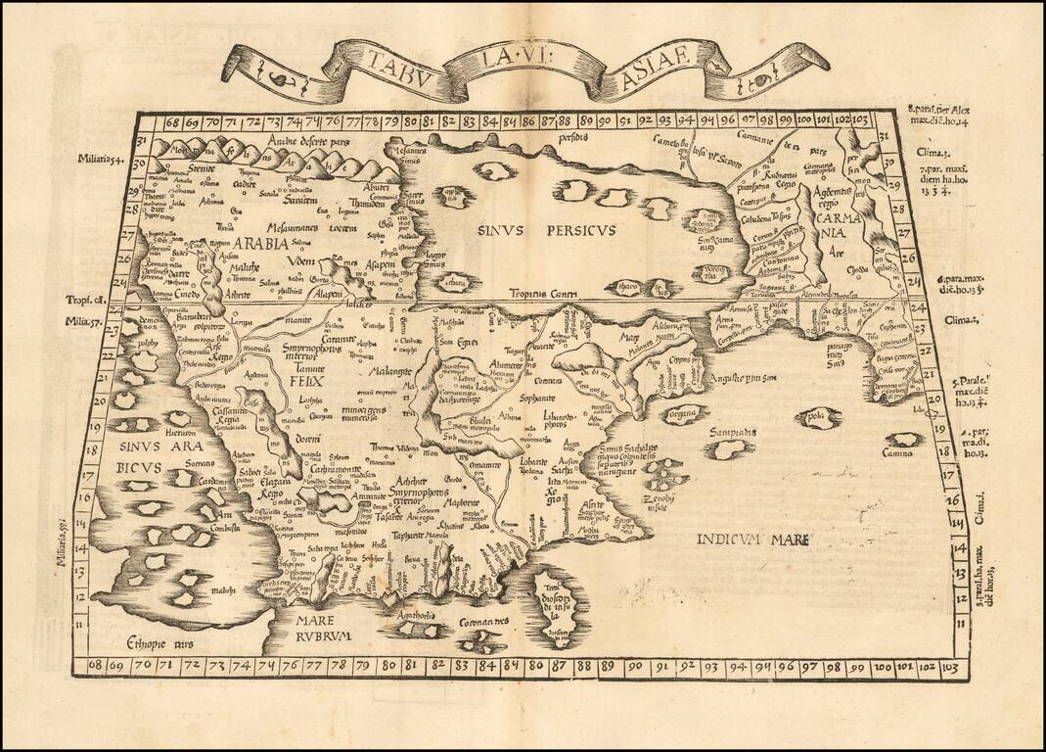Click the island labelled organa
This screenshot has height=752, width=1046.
click(688, 412)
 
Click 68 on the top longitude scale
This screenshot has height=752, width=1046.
click(172, 122)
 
